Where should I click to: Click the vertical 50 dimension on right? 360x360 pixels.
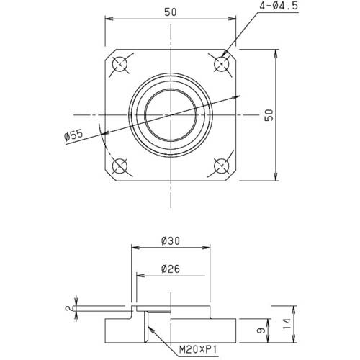268,115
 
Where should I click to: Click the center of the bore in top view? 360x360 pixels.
171,115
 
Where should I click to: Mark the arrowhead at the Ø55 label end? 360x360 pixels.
102,132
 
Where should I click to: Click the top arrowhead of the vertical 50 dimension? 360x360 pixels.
275,52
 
